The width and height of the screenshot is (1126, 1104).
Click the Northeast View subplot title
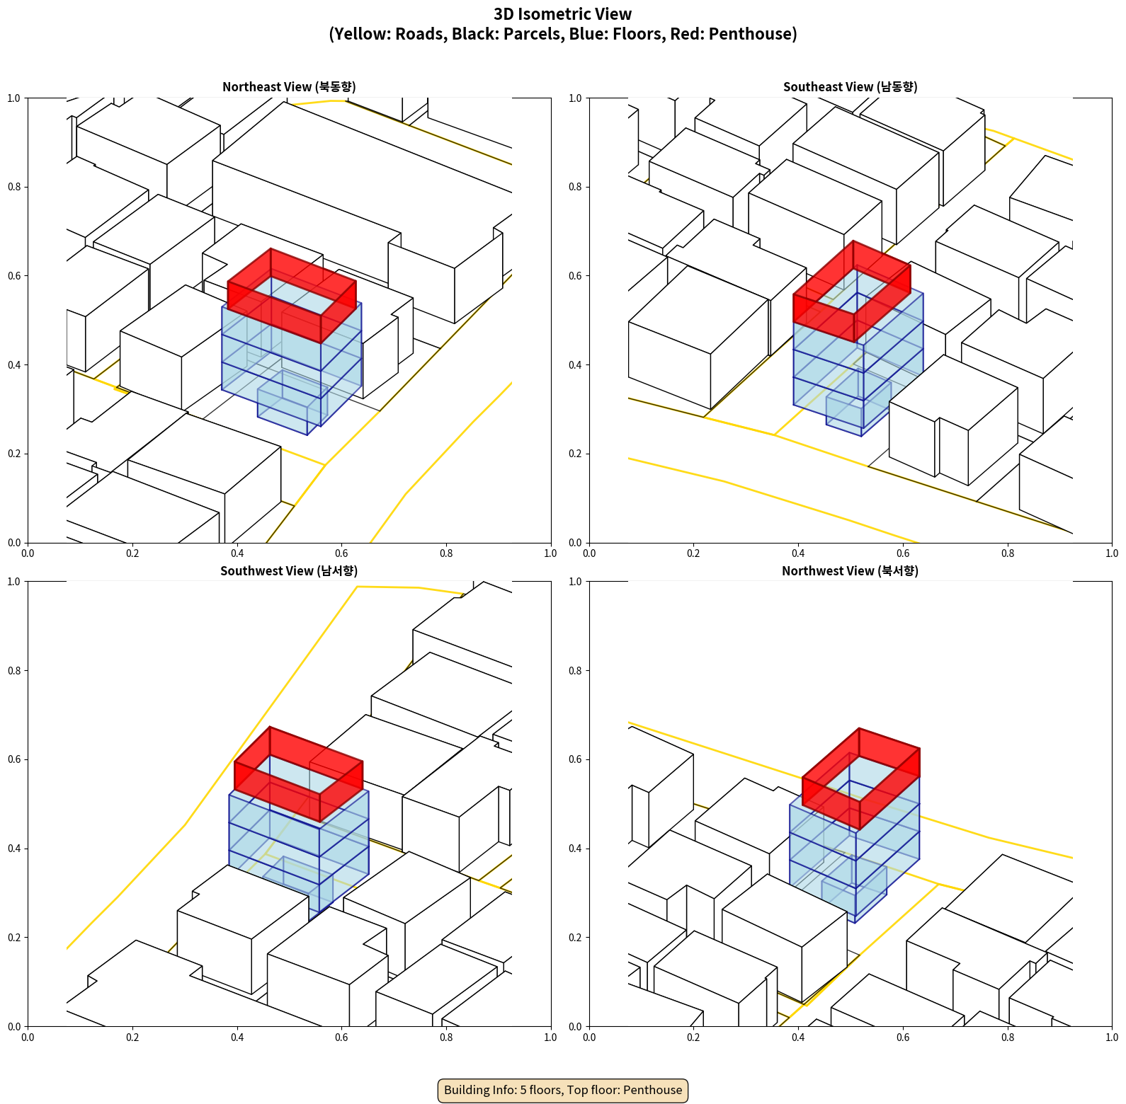[x=289, y=87]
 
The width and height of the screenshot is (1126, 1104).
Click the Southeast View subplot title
[x=850, y=87]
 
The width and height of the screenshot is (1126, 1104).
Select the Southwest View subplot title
[x=289, y=571]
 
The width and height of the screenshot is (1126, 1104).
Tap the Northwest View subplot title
[x=850, y=571]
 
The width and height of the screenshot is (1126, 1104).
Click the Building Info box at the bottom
[x=563, y=1090]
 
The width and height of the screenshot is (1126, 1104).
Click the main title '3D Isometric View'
[x=563, y=14]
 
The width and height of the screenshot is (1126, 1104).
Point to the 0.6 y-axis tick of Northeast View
[x=14, y=276]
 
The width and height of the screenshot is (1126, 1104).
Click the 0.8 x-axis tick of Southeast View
[x=1008, y=553]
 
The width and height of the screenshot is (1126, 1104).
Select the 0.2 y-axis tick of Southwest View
[x=14, y=938]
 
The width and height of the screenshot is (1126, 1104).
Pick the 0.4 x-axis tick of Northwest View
[x=798, y=1037]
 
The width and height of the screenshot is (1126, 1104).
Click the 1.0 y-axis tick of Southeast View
[x=575, y=98]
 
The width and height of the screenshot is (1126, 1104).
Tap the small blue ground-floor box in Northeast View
[x=283, y=403]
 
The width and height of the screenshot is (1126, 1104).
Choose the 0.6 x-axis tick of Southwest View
[x=341, y=1037]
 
